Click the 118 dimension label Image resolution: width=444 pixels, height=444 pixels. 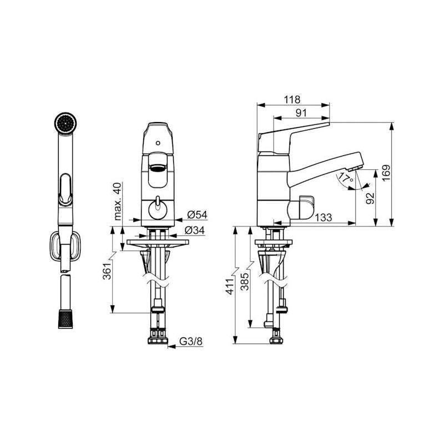(x=292, y=100)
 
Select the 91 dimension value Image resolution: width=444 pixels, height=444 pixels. (x=301, y=113)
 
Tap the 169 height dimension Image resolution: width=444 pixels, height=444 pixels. (x=386, y=173)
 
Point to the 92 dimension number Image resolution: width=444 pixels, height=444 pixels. (x=370, y=198)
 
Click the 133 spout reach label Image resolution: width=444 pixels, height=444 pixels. (x=323, y=218)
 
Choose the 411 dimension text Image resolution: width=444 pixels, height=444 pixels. (x=230, y=286)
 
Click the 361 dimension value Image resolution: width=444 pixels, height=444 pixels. (x=107, y=271)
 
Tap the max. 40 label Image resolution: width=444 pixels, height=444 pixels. (x=117, y=201)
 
